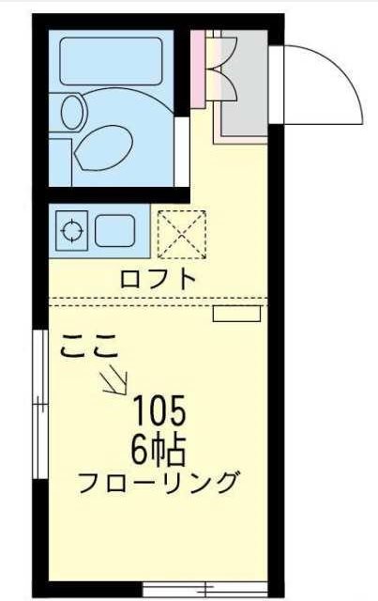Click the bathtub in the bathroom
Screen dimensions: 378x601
[x=111, y=61]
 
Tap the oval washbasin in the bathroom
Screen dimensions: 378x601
[x=72, y=112]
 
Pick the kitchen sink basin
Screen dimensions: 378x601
[x=114, y=231]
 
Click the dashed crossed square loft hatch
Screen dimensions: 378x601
[x=182, y=235]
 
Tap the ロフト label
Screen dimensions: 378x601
[x=159, y=279]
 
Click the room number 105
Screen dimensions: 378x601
[x=159, y=410]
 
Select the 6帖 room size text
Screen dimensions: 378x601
[x=159, y=450]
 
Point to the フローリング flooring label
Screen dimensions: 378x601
[x=157, y=482]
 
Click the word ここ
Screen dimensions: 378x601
[x=88, y=347]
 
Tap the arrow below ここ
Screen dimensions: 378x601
[x=115, y=379]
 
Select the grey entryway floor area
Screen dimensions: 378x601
[x=245, y=84]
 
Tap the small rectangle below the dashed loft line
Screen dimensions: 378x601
[x=236, y=314]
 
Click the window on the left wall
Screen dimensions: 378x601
[x=39, y=404]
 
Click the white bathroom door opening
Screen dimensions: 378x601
[x=182, y=151]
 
